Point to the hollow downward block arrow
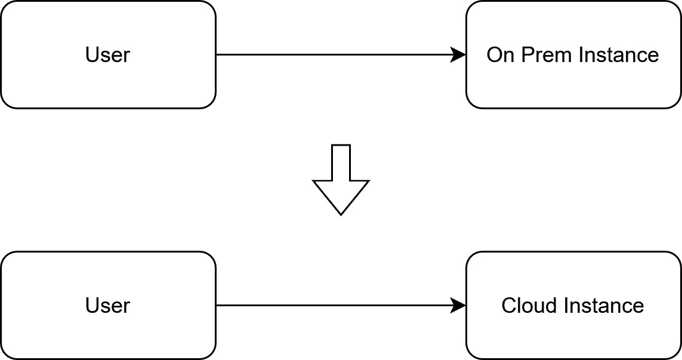[x=341, y=185]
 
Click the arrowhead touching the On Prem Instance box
[x=459, y=55]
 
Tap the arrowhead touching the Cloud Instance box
[x=459, y=306]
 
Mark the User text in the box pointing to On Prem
[x=107, y=55]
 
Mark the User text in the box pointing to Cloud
[x=107, y=306]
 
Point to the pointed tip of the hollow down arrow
[x=341, y=213]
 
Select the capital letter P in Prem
[x=527, y=55]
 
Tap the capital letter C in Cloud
[x=509, y=306]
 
